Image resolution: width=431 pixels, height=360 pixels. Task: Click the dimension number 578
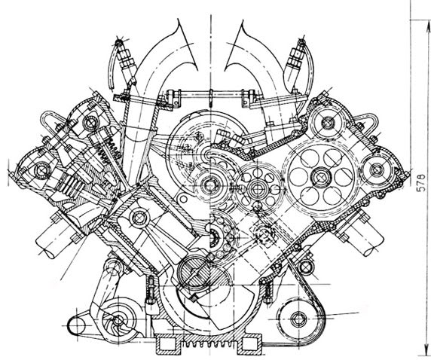click(x=421, y=182)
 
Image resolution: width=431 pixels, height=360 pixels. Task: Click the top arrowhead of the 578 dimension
click(x=428, y=26)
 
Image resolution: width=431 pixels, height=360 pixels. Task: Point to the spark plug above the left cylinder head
click(x=126, y=61)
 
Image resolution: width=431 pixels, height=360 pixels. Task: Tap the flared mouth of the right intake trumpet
click(x=239, y=44)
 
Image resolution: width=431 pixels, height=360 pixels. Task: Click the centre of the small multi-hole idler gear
click(x=257, y=189)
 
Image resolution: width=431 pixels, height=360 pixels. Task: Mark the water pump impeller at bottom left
click(x=119, y=320)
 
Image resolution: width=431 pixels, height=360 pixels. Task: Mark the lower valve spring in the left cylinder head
click(x=70, y=184)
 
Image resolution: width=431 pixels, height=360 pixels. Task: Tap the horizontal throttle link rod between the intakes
click(x=211, y=95)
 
